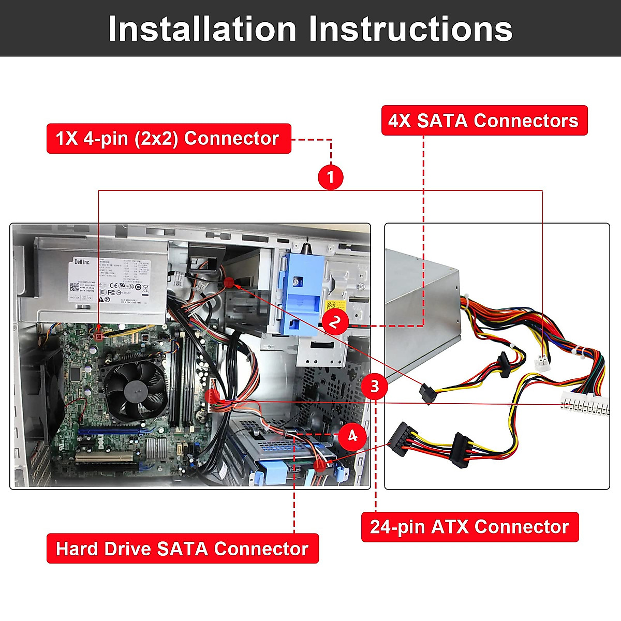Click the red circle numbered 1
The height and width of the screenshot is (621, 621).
331,177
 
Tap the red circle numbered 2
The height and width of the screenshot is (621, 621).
335,322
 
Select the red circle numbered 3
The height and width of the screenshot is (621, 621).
374,386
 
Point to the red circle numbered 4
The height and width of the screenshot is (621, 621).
352,436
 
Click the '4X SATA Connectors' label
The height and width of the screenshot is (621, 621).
484,121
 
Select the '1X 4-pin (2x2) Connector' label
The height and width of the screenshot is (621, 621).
168,138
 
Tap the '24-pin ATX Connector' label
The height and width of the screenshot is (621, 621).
469,527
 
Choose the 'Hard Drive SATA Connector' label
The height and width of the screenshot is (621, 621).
182,549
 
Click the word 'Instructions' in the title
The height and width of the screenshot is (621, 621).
411,29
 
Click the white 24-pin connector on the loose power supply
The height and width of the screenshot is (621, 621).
585,403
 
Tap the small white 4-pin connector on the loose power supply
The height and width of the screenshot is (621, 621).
541,362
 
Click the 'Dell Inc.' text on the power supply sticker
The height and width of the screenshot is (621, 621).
82,262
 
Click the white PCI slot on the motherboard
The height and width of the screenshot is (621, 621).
104,457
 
